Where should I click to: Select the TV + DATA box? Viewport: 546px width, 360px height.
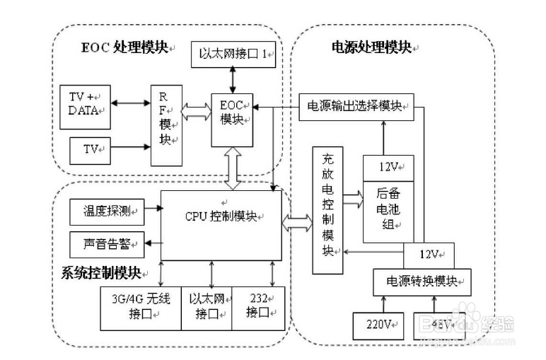tap(86, 103)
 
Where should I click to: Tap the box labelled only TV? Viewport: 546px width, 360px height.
tap(90, 149)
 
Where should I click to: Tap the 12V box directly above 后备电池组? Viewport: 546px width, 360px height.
tap(388, 168)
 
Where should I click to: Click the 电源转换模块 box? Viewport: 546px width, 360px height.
tap(422, 281)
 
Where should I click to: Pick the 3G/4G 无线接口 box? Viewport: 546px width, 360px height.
tap(141, 308)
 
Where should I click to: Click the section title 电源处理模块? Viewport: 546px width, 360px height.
tap(372, 47)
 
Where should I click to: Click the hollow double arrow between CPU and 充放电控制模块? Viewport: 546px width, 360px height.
tap(297, 223)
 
